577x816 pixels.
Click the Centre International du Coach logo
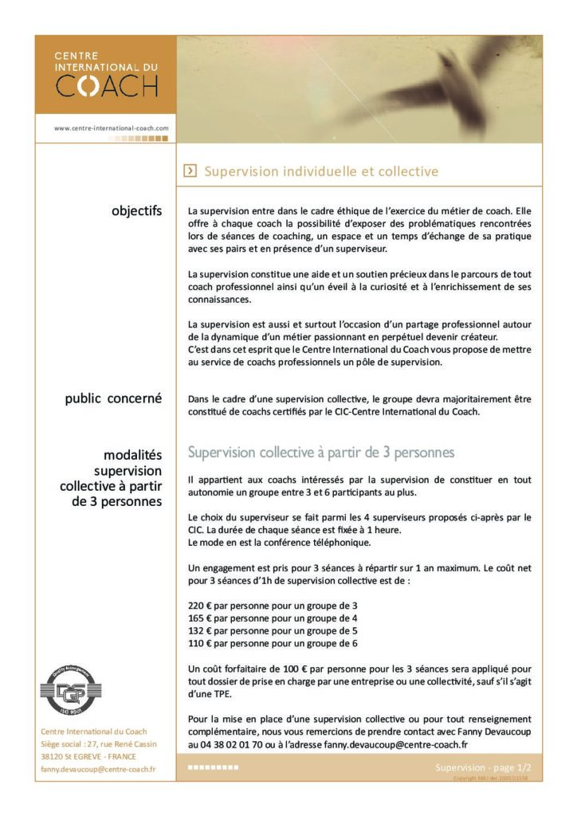(105, 75)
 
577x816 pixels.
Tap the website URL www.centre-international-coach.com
(111, 127)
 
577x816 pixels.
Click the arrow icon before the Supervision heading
(190, 171)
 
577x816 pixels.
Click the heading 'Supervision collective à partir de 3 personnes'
(320, 453)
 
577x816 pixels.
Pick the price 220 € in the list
(200, 606)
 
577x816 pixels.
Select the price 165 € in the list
(200, 618)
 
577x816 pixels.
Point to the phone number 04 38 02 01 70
(234, 744)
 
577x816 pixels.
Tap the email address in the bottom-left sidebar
(98, 769)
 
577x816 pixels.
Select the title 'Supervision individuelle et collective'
(321, 171)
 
